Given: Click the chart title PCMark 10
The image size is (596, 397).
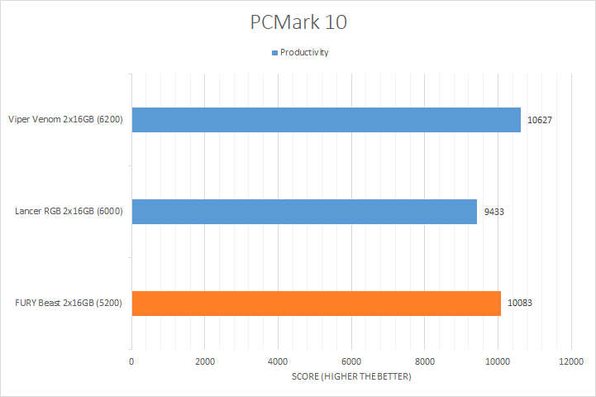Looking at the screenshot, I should pyautogui.click(x=298, y=22).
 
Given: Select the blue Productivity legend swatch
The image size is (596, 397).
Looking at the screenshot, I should pyautogui.click(x=274, y=52).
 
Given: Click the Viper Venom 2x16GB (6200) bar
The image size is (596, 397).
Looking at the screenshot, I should pyautogui.click(x=326, y=120).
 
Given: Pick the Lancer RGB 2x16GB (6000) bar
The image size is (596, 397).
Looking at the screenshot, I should pyautogui.click(x=304, y=212).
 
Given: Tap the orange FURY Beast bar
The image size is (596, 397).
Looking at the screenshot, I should pyautogui.click(x=316, y=303).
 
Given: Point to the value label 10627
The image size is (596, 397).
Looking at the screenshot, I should pyautogui.click(x=540, y=120).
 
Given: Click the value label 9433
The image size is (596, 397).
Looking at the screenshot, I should pyautogui.click(x=493, y=212).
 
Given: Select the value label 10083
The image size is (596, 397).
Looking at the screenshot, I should pyautogui.click(x=520, y=303).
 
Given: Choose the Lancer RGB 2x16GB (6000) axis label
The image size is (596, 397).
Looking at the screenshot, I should pyautogui.click(x=69, y=212).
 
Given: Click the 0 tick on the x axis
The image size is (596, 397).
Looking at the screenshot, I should pyautogui.click(x=131, y=361).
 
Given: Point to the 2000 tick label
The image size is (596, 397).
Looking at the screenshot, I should pyautogui.click(x=205, y=361).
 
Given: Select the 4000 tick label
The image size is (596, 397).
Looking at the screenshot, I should pyautogui.click(x=278, y=361).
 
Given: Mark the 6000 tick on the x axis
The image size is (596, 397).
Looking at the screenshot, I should pyautogui.click(x=351, y=361).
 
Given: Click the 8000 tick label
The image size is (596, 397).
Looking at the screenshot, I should pyautogui.click(x=425, y=361).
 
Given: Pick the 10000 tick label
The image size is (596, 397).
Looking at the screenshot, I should pyautogui.click(x=498, y=361).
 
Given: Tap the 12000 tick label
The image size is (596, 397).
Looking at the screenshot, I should pyautogui.click(x=571, y=361).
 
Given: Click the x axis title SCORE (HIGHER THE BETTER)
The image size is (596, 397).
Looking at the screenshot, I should pyautogui.click(x=351, y=377).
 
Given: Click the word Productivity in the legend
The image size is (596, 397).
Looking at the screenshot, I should pyautogui.click(x=305, y=52).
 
